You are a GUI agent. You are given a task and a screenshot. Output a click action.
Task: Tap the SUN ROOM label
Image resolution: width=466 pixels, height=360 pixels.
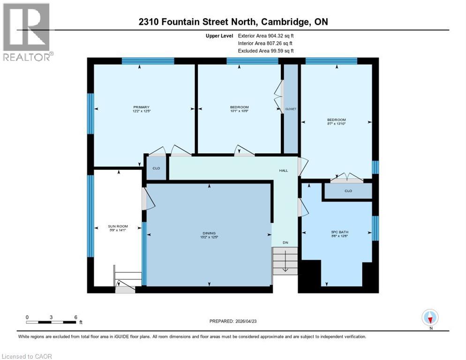[x=118, y=225]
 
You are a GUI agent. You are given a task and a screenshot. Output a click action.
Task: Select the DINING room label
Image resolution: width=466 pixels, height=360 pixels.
[x=209, y=233]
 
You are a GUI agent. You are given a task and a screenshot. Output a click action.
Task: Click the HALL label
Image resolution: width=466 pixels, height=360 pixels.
[x=284, y=171]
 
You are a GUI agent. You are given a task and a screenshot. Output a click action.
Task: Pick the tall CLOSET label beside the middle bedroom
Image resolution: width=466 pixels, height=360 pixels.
[x=291, y=109]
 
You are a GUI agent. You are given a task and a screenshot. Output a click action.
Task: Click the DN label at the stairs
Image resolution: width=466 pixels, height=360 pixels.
[x=285, y=242]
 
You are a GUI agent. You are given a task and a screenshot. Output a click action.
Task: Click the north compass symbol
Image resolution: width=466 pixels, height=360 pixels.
[x=429, y=318]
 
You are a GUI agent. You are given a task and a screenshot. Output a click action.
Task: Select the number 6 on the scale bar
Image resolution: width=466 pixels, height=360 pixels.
[x=75, y=317]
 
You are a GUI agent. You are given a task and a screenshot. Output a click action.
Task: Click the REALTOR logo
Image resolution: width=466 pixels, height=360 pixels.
[x=27, y=32]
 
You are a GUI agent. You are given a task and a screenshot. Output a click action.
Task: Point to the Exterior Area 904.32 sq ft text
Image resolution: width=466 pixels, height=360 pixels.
[x=266, y=36]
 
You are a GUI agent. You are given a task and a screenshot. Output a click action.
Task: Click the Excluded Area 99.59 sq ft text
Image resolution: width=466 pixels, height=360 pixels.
[x=266, y=51]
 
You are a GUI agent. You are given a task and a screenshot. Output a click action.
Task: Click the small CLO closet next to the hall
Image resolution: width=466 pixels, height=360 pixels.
[x=157, y=169]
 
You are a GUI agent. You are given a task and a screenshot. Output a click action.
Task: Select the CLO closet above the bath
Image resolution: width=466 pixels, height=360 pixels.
[x=348, y=191]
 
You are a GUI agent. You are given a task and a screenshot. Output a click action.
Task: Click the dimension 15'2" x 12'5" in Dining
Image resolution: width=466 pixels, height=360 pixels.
[x=209, y=237]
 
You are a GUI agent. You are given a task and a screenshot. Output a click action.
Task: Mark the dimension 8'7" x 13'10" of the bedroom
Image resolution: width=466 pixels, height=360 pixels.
[x=336, y=124]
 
